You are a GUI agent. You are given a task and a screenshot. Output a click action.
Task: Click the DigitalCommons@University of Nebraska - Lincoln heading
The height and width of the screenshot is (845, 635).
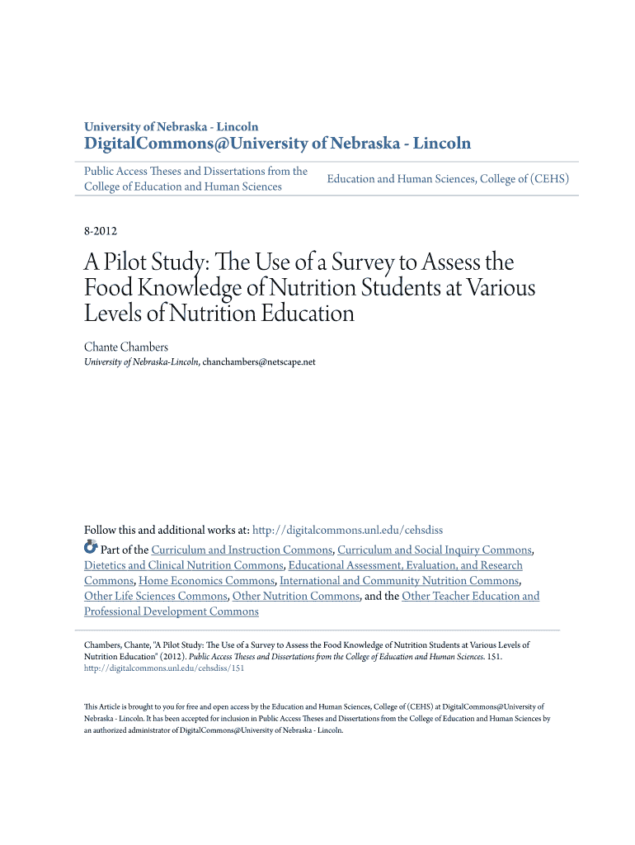tap(277, 144)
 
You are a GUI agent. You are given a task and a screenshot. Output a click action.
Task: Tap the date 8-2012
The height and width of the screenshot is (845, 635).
tap(101, 232)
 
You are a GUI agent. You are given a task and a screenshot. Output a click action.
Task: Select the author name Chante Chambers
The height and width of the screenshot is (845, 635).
tap(125, 347)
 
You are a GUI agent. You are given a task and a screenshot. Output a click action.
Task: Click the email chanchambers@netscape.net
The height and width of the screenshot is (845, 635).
tap(258, 361)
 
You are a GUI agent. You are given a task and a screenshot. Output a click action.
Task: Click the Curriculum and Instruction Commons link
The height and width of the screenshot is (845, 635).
tap(242, 550)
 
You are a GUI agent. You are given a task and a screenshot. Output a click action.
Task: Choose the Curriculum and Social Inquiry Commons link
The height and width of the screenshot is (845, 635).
tap(434, 550)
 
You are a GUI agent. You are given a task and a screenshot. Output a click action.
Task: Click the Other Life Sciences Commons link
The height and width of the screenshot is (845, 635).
tap(155, 596)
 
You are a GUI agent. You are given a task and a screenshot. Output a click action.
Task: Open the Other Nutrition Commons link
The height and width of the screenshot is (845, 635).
tap(296, 596)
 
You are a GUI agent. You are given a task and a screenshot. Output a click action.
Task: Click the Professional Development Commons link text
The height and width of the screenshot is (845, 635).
tap(171, 611)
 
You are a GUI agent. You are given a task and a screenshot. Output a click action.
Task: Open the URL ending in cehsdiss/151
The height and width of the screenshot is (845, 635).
tap(164, 668)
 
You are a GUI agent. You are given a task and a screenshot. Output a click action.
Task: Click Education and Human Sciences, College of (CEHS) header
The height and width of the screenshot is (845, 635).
tap(448, 178)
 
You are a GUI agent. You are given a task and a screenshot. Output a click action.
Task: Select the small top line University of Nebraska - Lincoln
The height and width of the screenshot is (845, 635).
tap(171, 127)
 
